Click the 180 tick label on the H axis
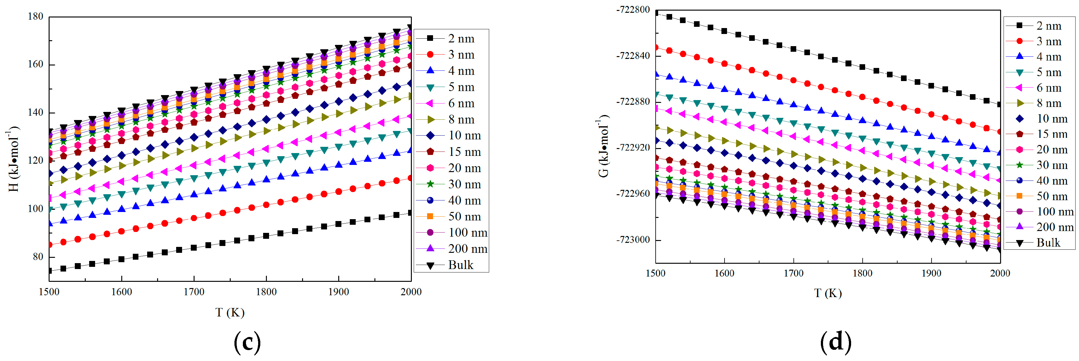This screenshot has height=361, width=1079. [x=35, y=17]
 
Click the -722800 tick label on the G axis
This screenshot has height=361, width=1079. [x=633, y=10]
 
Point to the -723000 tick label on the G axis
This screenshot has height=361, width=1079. [x=633, y=240]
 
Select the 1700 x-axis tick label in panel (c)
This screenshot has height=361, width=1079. [x=194, y=292]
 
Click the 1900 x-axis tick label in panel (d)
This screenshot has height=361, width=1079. [x=931, y=273]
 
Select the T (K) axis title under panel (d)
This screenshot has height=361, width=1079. [x=828, y=293]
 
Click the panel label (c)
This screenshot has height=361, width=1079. [x=247, y=342]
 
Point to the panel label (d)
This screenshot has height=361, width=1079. [x=836, y=342]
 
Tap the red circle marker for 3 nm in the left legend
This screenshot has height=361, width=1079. [x=430, y=55]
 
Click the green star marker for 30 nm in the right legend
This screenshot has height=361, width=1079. [x=1019, y=165]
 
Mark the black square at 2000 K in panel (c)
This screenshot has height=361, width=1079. [x=410, y=213]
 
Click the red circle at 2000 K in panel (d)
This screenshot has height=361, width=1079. [x=1000, y=132]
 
